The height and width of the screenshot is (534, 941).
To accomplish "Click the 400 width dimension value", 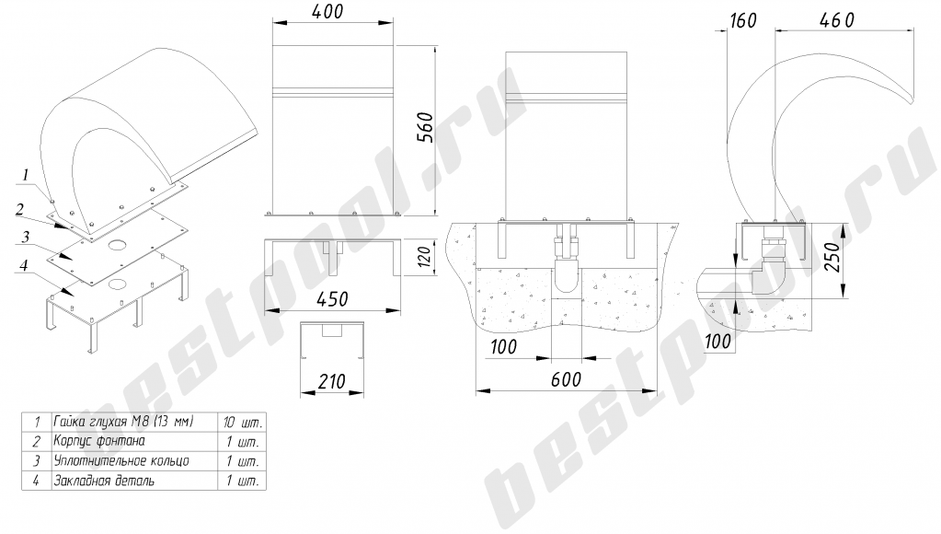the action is pos(328,11).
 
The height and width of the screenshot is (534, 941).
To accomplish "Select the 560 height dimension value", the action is pos(425,127).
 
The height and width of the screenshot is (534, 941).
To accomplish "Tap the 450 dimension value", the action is pos(332,298).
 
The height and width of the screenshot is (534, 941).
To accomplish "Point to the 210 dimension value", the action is pos(332,381).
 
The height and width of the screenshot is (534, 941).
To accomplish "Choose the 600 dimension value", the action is pos(566,379).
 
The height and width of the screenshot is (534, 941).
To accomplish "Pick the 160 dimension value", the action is pos(743,20).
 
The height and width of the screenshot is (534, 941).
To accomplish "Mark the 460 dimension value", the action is pos(836,20).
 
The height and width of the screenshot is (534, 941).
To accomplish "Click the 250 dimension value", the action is pos(832,257).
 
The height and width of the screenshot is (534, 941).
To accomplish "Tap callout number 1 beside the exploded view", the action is pos(25,176).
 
